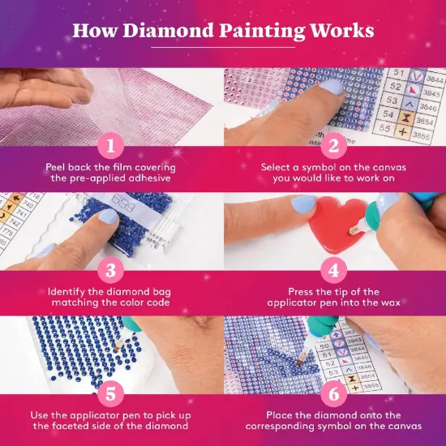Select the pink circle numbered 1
[x=111, y=146]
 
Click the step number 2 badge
[x=333, y=146]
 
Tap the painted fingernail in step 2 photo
[x=332, y=84]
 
